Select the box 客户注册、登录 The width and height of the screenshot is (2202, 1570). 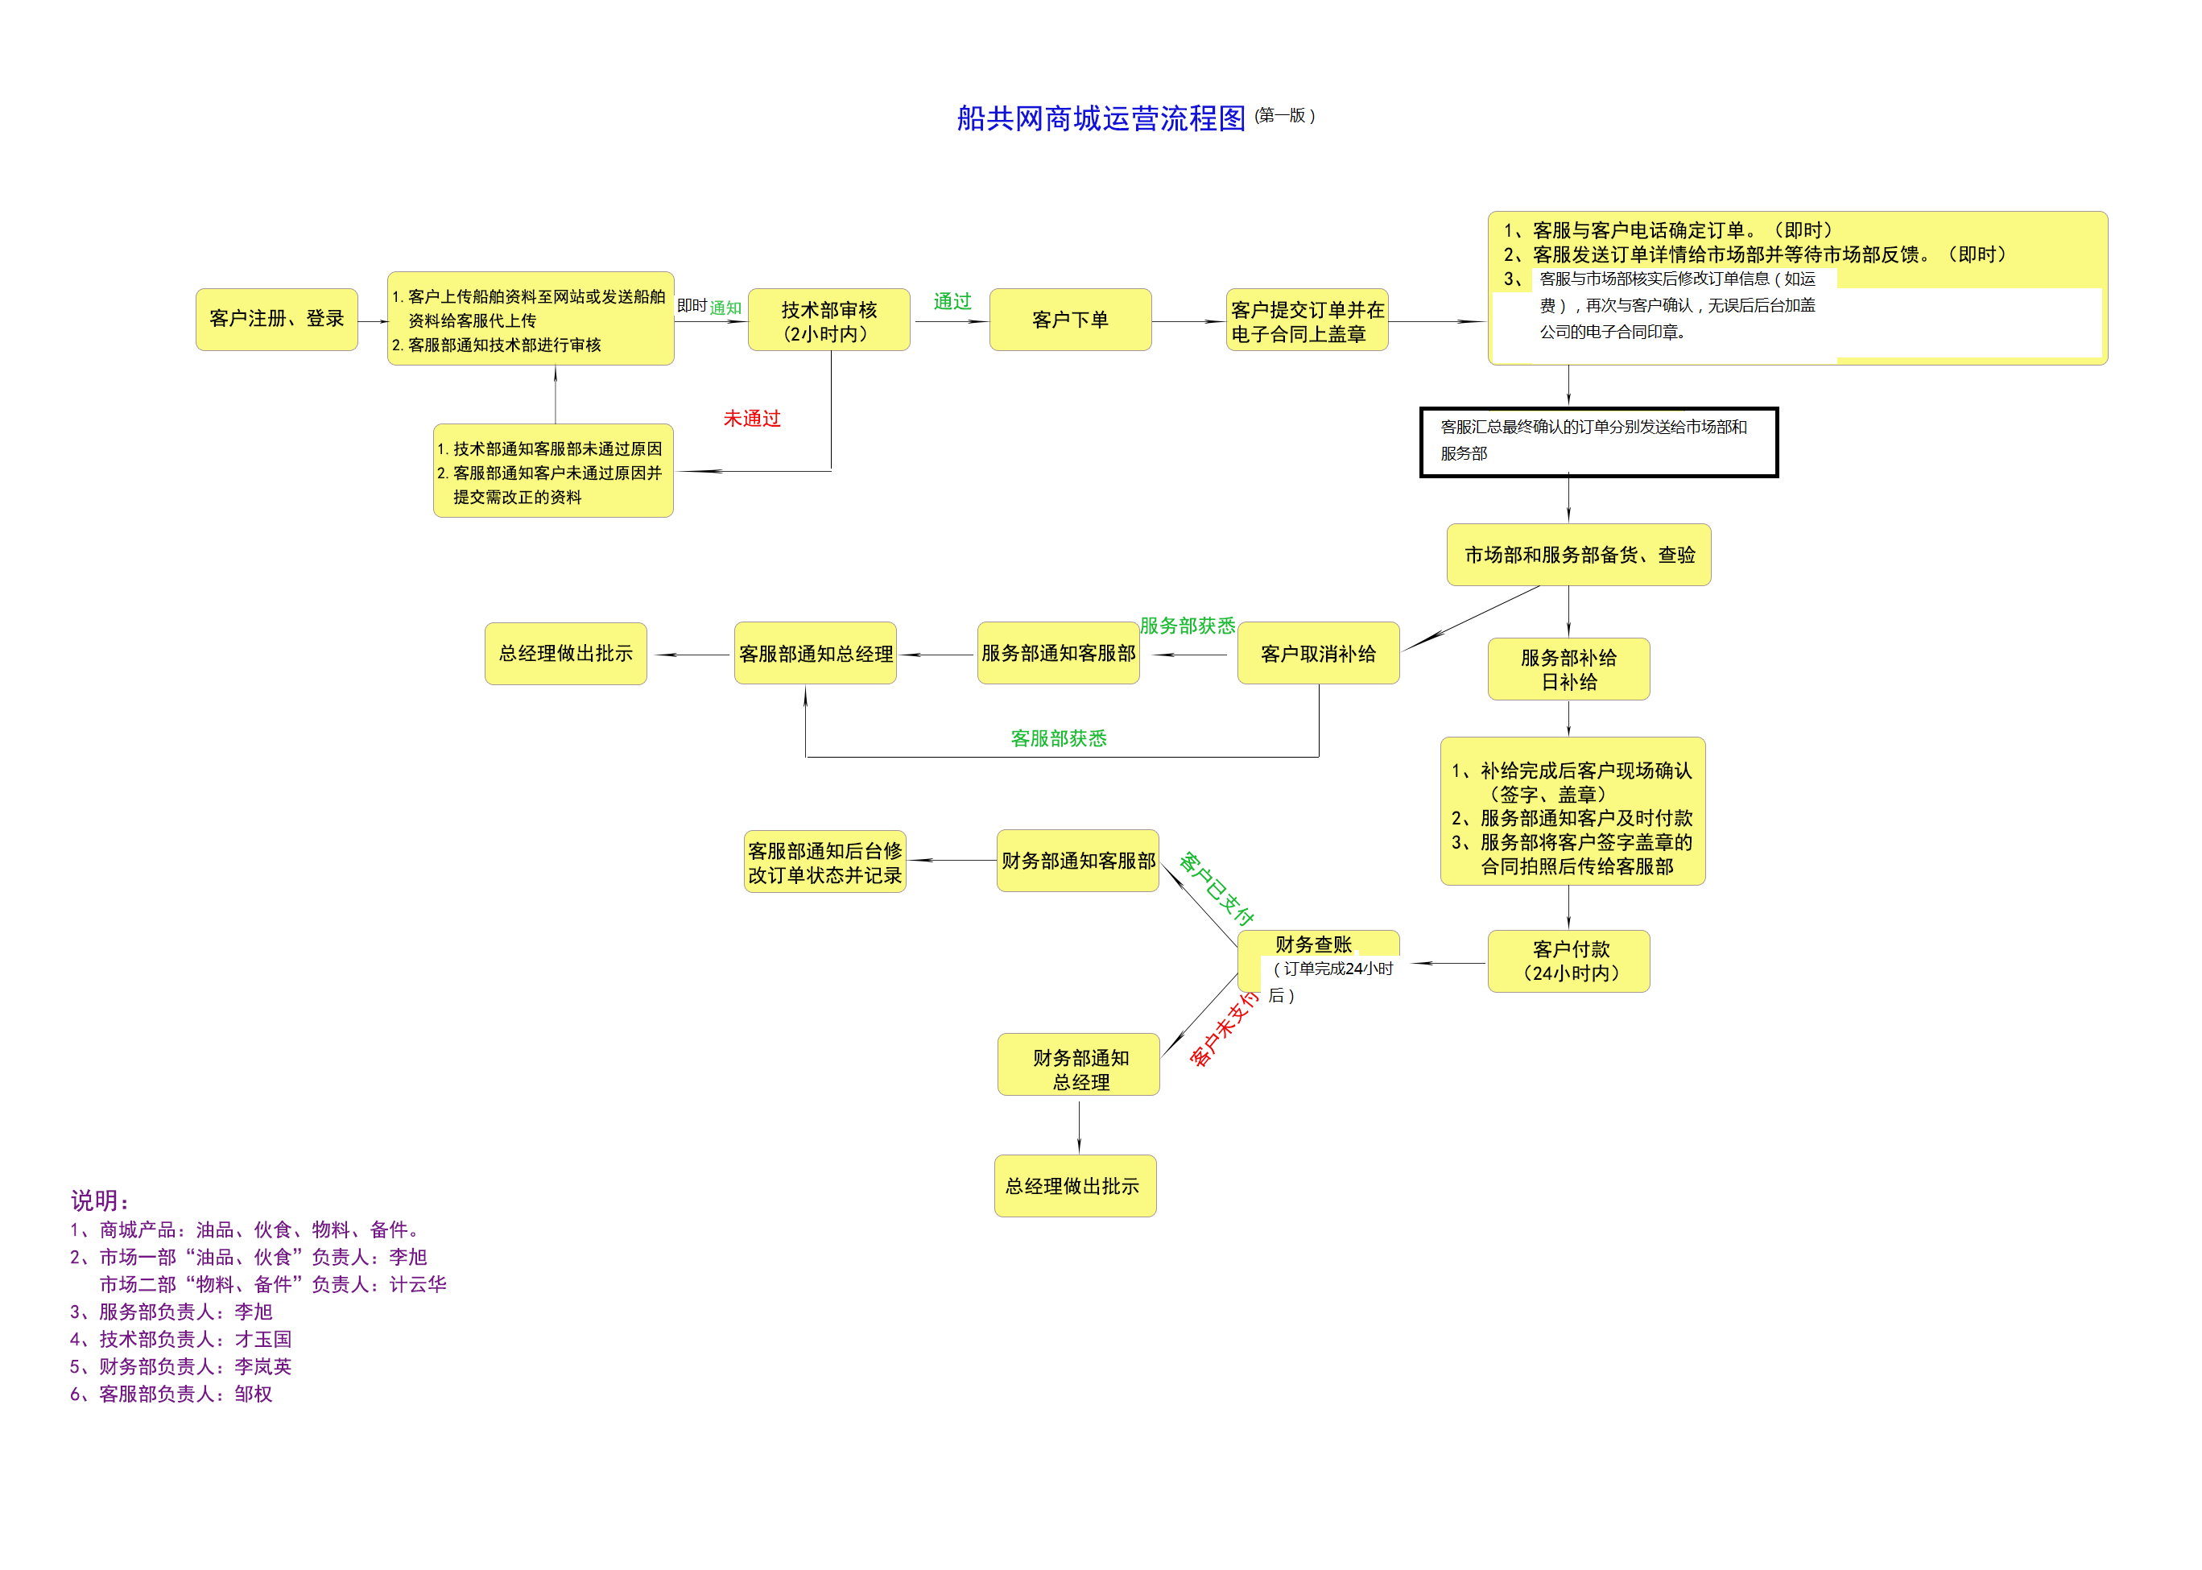pyautogui.click(x=276, y=319)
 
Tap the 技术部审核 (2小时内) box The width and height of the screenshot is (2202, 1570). pyautogui.click(x=828, y=320)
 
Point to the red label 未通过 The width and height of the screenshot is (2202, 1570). pyautogui.click(x=751, y=419)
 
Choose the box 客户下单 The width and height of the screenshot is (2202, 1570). pyautogui.click(x=1069, y=320)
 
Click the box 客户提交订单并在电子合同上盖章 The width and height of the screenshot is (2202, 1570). pyautogui.click(x=1306, y=320)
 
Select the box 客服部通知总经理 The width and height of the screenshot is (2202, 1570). pyautogui.click(x=815, y=654)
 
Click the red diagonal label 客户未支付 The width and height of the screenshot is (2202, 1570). pyautogui.click(x=1223, y=1029)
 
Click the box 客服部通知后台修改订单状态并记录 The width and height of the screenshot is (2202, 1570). pyautogui.click(x=824, y=862)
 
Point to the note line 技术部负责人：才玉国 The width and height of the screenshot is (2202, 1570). pyautogui.click(x=181, y=1339)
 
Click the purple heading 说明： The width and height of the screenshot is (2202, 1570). pyautogui.click(x=100, y=1200)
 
